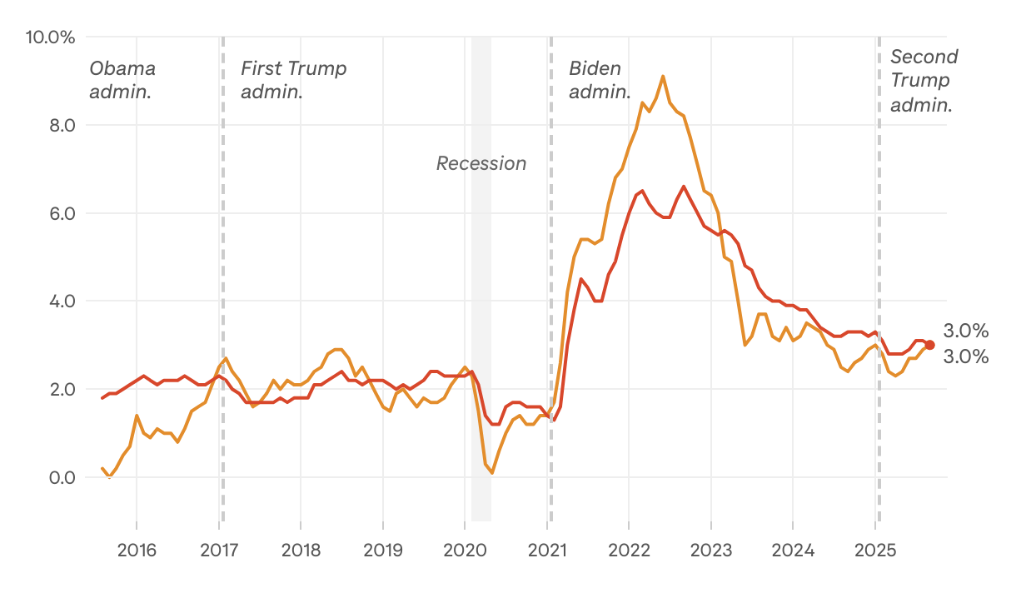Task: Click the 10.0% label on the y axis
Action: (x=51, y=37)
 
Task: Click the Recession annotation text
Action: (x=481, y=163)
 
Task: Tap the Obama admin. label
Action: (x=122, y=80)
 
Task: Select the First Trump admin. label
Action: (x=293, y=80)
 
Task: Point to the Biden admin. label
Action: (x=600, y=80)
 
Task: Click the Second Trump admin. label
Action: (x=924, y=80)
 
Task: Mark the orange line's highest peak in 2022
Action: (x=663, y=76)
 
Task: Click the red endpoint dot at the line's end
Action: (x=929, y=345)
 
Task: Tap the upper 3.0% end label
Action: (x=965, y=331)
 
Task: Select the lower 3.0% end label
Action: (x=965, y=357)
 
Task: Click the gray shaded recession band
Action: (x=481, y=333)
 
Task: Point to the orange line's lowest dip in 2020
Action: (x=492, y=473)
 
